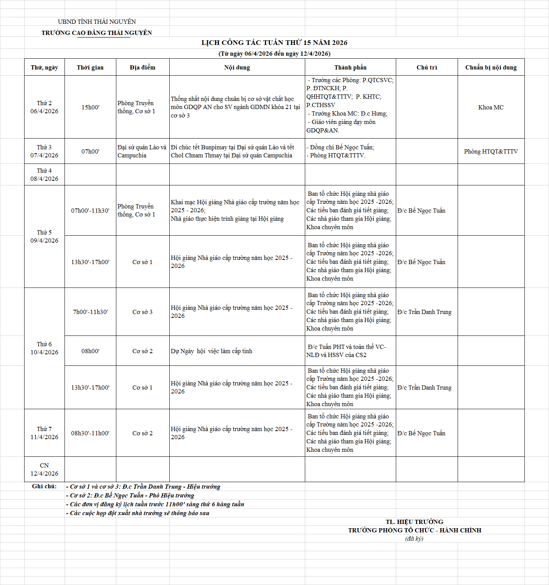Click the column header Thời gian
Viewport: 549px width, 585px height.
(90, 68)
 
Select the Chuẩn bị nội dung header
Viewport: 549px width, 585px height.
(491, 68)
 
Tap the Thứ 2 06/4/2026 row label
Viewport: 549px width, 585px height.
(45, 107)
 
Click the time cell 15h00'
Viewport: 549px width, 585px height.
(90, 107)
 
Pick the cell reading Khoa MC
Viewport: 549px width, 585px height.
(491, 107)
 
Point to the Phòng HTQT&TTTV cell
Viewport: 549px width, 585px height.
(491, 152)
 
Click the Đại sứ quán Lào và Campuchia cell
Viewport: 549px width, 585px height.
(142, 151)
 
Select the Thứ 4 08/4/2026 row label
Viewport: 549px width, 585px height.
(45, 175)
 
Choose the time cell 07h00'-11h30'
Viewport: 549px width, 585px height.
(90, 211)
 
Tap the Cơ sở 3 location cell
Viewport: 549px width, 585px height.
(142, 312)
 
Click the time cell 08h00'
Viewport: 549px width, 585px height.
(90, 351)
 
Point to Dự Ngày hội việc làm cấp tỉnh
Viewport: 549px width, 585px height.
(212, 351)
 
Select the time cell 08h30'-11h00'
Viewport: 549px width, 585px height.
(90, 433)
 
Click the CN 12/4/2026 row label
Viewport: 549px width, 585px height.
(45, 469)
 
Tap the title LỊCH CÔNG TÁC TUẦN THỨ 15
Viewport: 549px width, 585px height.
(274, 43)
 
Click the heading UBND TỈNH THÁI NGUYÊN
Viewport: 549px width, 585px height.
(97, 22)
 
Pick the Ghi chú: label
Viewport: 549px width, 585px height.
(44, 486)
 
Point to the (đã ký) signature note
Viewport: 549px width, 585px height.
(414, 539)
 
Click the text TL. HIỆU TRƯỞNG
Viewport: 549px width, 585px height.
(414, 522)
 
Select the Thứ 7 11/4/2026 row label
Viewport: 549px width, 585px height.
(45, 433)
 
